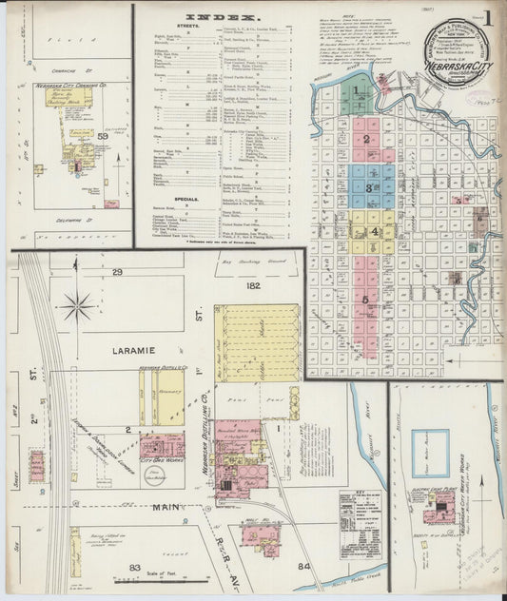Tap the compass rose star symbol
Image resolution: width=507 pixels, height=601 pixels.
tap(77, 306)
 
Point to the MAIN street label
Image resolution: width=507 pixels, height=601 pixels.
tap(167, 508)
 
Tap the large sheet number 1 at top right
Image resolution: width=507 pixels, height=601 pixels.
tap(487, 19)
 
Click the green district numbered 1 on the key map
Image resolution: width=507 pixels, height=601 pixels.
tap(358, 91)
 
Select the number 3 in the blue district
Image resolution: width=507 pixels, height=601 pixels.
tap(368, 187)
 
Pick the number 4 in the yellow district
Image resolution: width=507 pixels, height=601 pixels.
tap(375, 231)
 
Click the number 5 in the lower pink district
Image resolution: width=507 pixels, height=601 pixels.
tap(365, 300)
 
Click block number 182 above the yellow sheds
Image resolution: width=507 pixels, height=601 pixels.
tap(253, 284)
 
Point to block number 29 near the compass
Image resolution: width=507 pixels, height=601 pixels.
tap(117, 273)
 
